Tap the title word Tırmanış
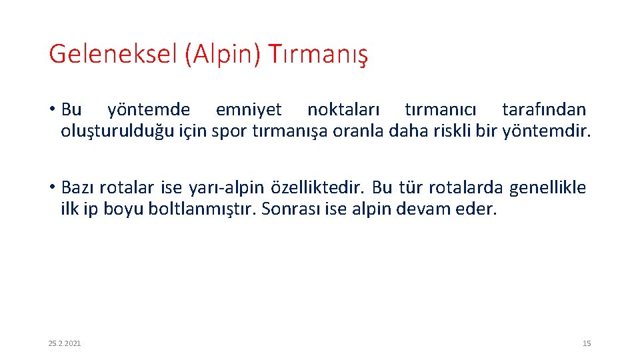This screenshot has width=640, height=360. (x=318, y=54)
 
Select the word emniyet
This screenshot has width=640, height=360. (x=249, y=109)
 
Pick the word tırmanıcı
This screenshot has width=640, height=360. (x=441, y=109)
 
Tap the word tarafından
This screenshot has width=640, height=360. (x=544, y=109)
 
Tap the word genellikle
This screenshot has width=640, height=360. (x=547, y=188)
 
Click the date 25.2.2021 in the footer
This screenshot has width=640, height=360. (x=65, y=343)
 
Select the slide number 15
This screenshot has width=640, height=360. (x=587, y=343)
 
